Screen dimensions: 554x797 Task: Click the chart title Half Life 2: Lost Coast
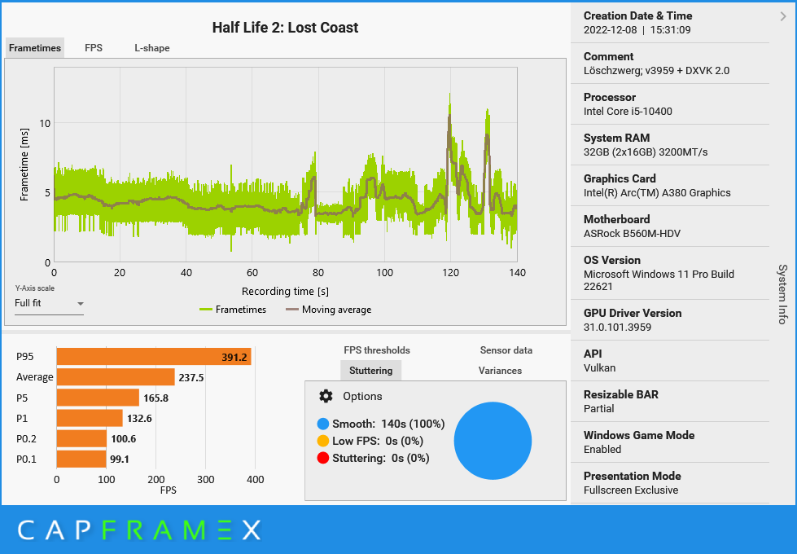(x=285, y=28)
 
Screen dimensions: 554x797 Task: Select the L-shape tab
(x=152, y=48)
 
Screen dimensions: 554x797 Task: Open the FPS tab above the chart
(x=94, y=48)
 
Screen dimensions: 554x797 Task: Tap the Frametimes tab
(x=35, y=48)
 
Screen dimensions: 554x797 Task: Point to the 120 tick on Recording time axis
(x=450, y=273)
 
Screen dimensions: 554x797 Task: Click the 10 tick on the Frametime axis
(x=46, y=124)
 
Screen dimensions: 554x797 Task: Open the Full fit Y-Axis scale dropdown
(x=50, y=304)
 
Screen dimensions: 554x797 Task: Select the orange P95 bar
(x=153, y=357)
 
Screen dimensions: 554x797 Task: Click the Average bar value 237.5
(x=191, y=377)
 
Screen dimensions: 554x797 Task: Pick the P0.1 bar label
(x=26, y=459)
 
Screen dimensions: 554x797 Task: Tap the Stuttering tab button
(x=370, y=371)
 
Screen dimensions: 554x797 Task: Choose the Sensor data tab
(x=506, y=350)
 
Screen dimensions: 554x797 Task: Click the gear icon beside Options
(x=326, y=396)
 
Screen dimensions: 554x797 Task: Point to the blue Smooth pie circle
(x=492, y=441)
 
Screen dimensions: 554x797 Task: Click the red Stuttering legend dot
(x=323, y=458)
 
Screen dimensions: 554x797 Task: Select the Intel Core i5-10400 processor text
(x=628, y=112)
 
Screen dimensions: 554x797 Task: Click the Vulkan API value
(x=599, y=368)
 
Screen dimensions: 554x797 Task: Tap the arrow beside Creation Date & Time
(x=783, y=15)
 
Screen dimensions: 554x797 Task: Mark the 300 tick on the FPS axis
(x=206, y=480)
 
